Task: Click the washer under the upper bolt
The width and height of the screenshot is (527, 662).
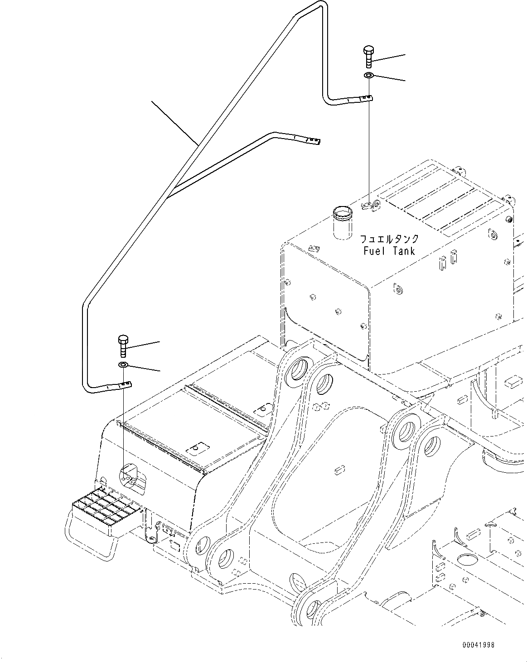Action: coord(368,75)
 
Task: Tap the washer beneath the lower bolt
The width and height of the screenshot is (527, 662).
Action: coord(123,365)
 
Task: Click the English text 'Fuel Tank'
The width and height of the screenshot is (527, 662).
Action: coord(389,251)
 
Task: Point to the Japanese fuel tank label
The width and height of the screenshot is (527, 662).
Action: coord(389,239)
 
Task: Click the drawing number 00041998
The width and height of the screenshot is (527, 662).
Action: coord(479,645)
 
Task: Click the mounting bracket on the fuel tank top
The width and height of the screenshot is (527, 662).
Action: coord(371,206)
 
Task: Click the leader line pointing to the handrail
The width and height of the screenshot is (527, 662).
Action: coord(174,122)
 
